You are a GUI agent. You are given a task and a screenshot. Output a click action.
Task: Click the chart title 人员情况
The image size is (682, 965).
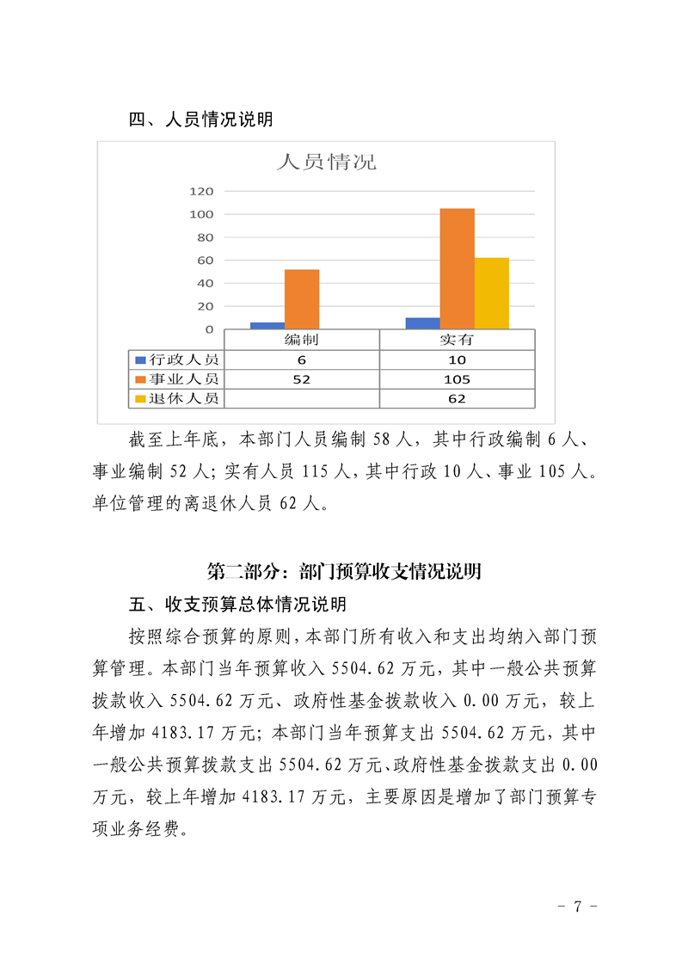tap(326, 162)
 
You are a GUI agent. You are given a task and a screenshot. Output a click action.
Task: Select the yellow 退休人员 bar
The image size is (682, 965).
tap(492, 292)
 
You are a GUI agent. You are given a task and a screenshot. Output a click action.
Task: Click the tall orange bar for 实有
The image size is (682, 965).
tap(457, 268)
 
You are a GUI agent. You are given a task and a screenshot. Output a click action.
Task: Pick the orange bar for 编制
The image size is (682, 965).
tap(302, 298)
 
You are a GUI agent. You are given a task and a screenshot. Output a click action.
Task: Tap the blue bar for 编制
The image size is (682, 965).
tap(267, 325)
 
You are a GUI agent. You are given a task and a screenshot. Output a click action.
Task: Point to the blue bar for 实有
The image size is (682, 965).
tap(422, 323)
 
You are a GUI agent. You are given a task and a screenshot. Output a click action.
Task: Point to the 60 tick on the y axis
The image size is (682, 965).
tap(205, 261)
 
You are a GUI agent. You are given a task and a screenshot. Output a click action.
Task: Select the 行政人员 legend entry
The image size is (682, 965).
tap(176, 360)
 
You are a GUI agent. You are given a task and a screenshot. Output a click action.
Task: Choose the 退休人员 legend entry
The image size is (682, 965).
tap(176, 398)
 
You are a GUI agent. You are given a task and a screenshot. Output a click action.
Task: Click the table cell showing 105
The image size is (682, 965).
tap(457, 379)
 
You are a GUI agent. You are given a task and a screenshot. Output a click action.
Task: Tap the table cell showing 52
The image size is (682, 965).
tap(301, 379)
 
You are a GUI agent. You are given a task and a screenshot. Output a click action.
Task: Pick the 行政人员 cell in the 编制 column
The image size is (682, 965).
tap(301, 360)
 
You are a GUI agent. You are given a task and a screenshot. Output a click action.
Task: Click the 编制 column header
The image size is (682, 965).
tap(301, 341)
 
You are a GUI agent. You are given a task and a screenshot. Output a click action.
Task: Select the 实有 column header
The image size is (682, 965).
tap(457, 341)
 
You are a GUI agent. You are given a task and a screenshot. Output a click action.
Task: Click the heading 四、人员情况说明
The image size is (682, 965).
tap(200, 120)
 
